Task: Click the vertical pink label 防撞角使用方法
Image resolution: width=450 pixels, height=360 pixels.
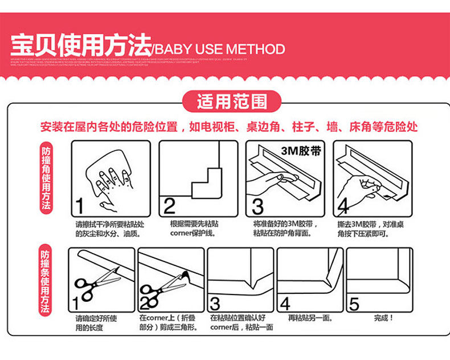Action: [x=46, y=179]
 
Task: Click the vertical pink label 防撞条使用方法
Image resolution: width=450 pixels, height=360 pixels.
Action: [x=46, y=281]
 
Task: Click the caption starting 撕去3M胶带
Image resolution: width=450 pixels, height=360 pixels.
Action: [x=371, y=228]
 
